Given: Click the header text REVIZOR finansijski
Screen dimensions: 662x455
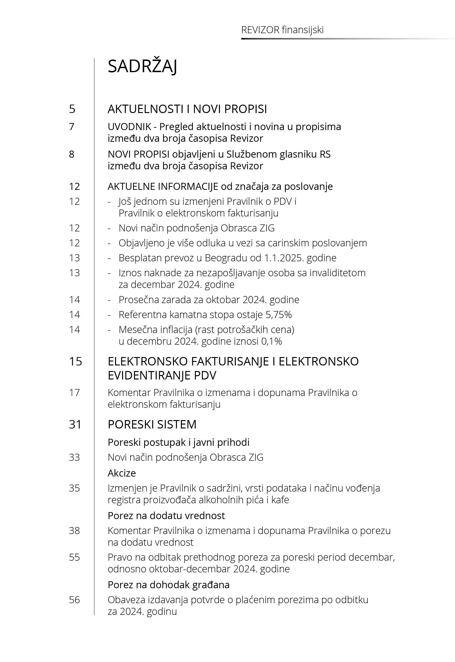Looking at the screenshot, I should [x=282, y=30].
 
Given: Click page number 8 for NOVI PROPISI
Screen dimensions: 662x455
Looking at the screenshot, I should [x=72, y=154].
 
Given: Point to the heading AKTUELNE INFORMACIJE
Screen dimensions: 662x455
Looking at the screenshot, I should [x=162, y=186].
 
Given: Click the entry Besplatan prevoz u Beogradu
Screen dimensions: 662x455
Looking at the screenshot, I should [x=227, y=258].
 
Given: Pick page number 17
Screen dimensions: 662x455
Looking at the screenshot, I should [x=74, y=393].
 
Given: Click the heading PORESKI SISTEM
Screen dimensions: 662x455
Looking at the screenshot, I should [x=152, y=425].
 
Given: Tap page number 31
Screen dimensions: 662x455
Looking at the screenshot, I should [x=75, y=425].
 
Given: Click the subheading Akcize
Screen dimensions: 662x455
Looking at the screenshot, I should [x=122, y=473].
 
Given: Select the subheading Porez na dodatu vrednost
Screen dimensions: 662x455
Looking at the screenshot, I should [x=166, y=515].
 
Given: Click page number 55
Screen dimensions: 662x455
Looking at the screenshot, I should [x=74, y=557].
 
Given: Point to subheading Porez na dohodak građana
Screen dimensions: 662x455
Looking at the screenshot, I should [x=169, y=585].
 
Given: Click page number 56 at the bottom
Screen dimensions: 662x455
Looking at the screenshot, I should [x=74, y=600].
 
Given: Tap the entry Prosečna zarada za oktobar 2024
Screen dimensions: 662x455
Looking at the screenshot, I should [x=209, y=300].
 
